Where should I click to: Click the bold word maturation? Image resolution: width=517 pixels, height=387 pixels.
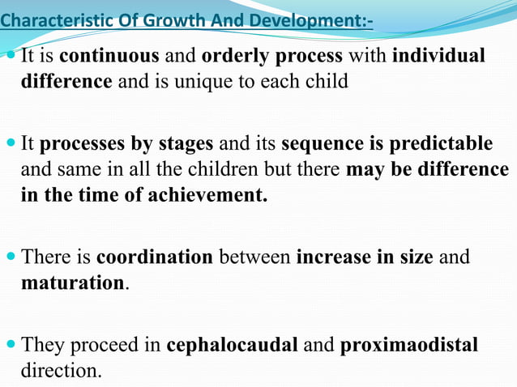72,284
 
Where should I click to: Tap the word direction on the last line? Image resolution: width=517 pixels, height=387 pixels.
61,372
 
